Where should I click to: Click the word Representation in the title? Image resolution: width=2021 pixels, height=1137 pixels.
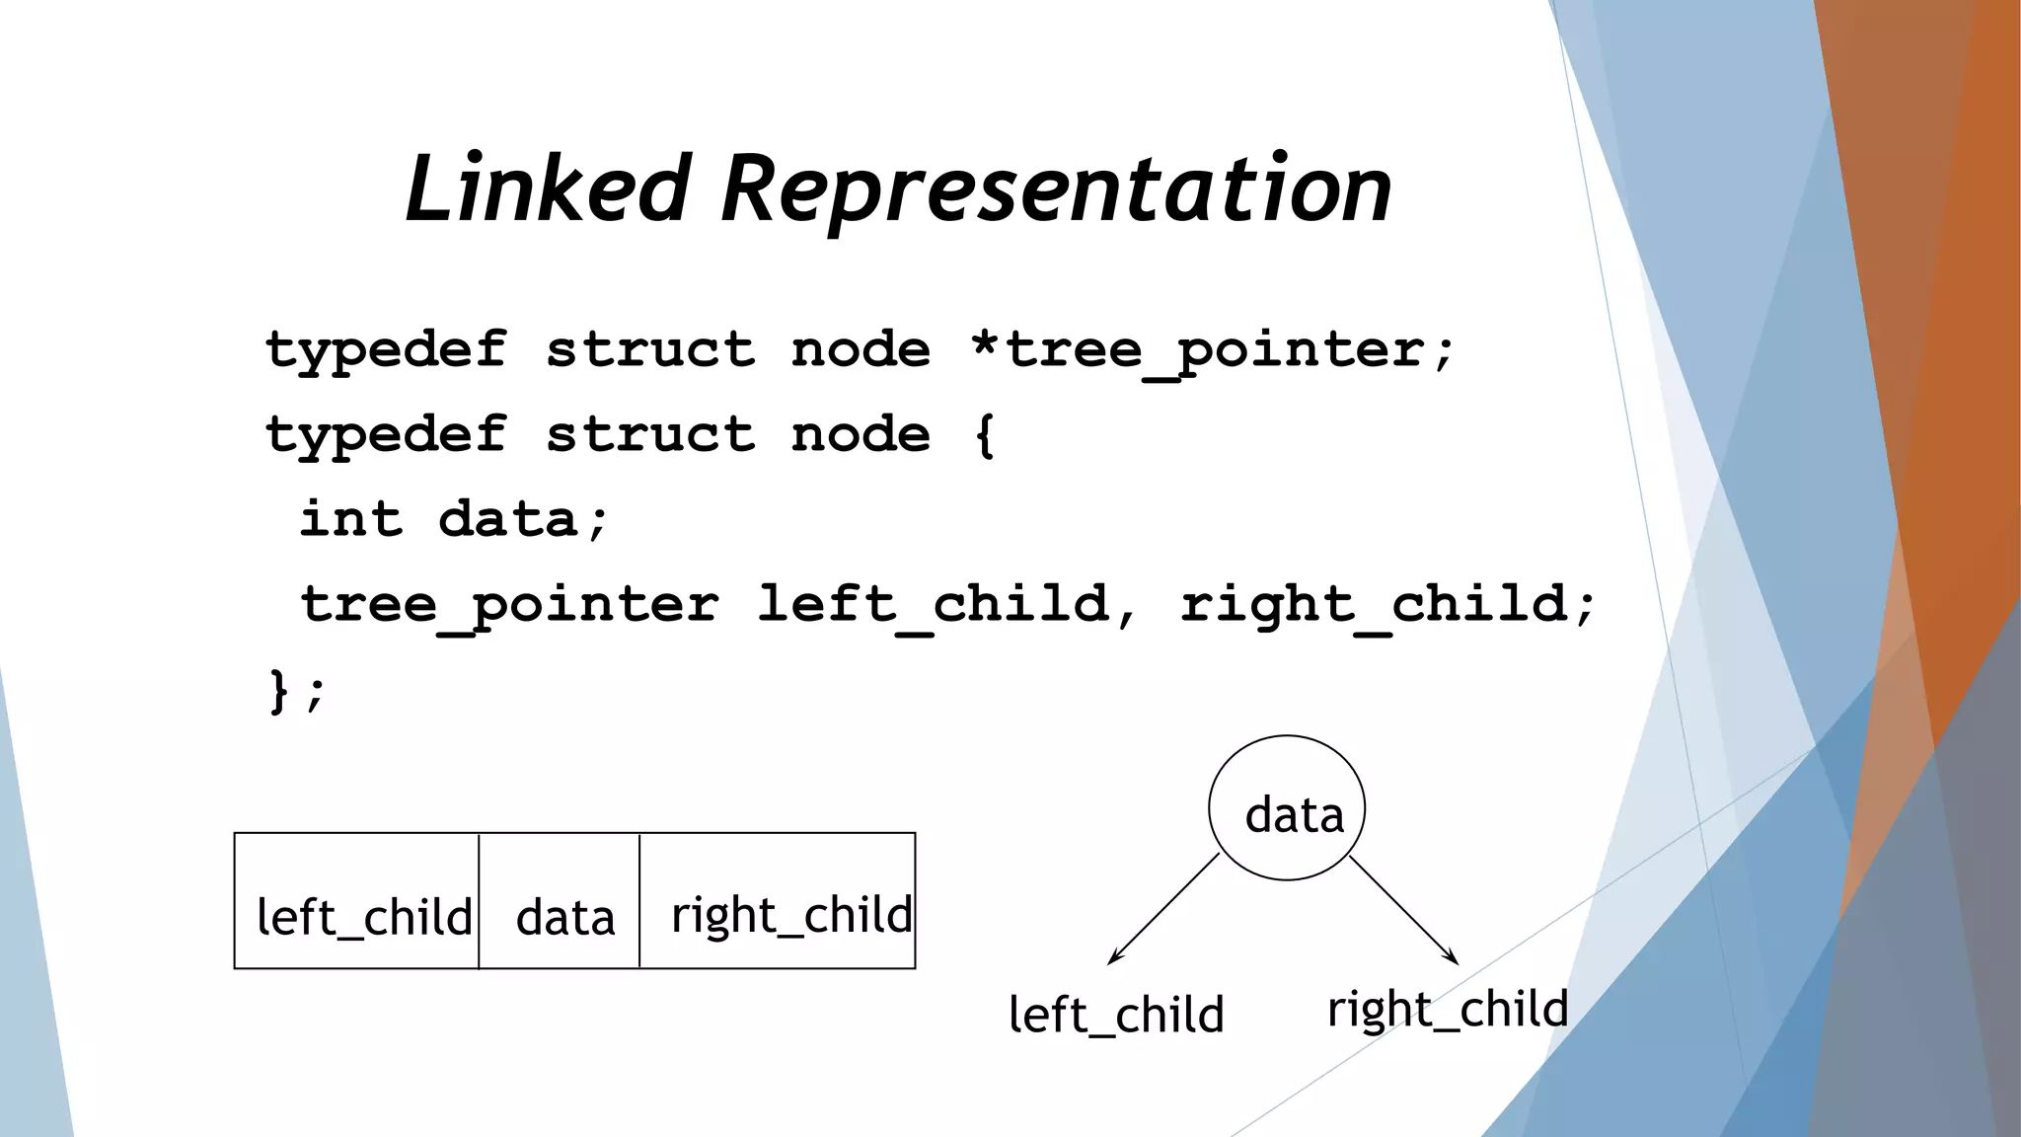(1056, 189)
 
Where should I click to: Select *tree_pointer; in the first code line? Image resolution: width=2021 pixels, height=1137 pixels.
(1212, 351)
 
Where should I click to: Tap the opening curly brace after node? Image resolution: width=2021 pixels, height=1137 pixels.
(984, 435)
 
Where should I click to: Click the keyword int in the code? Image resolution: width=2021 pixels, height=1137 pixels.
(351, 519)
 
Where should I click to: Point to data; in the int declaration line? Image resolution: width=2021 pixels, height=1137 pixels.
(524, 519)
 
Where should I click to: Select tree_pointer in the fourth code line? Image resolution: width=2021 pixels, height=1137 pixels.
(509, 605)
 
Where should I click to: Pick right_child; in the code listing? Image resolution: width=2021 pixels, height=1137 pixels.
(1386, 605)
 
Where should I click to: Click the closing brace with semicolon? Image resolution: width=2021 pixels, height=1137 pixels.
(295, 690)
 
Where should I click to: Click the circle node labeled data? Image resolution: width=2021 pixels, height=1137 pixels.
(1287, 807)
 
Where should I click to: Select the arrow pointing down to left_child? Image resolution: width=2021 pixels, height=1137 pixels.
(1163, 909)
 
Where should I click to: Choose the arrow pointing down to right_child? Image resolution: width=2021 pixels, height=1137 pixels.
(1403, 909)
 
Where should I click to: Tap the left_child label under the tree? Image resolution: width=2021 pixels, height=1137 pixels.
(1116, 1016)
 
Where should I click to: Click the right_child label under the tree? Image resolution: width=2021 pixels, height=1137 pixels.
(1447, 1010)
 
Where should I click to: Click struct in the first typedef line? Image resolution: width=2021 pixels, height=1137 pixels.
(650, 351)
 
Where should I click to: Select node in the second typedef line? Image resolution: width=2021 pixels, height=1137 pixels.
(860, 435)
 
